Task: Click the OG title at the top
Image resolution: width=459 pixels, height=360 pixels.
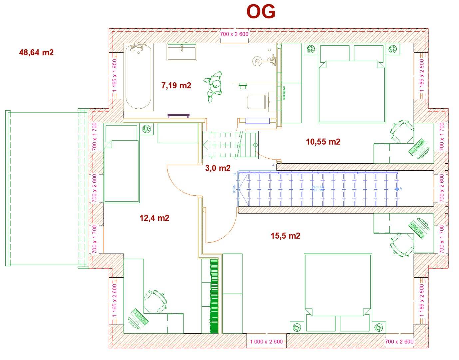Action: (x=261, y=12)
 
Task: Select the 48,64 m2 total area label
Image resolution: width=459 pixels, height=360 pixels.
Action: (x=36, y=52)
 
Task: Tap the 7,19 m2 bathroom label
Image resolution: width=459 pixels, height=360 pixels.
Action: (x=176, y=86)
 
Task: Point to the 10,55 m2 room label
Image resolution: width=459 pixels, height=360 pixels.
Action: (x=323, y=142)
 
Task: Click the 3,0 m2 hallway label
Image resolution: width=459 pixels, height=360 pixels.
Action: (x=218, y=168)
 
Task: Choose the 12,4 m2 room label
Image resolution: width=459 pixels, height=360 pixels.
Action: (x=154, y=218)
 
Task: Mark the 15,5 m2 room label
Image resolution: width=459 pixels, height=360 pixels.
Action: (x=285, y=236)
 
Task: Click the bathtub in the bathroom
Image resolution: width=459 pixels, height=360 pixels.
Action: (x=139, y=77)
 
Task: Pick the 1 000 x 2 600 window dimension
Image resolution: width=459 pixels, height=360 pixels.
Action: (x=266, y=342)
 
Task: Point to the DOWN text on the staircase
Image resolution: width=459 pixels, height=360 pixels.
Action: (x=234, y=189)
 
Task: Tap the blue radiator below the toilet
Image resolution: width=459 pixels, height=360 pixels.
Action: (x=257, y=121)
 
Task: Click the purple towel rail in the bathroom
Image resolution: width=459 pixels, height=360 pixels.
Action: (x=179, y=116)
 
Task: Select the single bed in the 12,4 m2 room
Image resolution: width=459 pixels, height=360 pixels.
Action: (x=122, y=163)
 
